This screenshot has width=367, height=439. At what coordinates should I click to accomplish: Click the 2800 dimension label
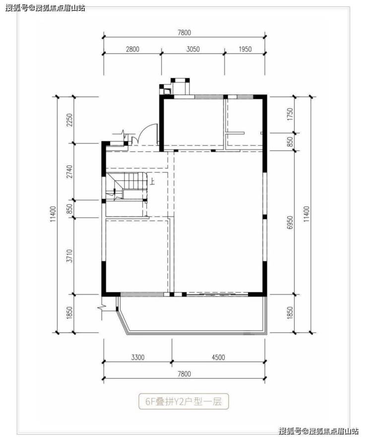click(132, 49)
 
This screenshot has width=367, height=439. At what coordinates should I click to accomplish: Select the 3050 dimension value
click(193, 49)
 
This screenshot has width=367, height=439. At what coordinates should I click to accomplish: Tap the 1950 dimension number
click(245, 49)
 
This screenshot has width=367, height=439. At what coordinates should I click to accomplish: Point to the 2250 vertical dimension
click(69, 120)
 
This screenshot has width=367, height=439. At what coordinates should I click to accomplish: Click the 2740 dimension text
click(69, 172)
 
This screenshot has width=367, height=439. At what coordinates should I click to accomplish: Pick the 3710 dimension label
click(69, 256)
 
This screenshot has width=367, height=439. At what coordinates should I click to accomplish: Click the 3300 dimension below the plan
click(138, 358)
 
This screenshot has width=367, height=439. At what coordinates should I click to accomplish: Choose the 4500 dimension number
click(218, 358)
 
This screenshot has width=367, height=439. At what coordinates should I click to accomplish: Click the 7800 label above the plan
click(184, 33)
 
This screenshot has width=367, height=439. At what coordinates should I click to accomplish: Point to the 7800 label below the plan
click(184, 374)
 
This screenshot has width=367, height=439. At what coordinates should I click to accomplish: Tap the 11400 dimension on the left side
click(53, 215)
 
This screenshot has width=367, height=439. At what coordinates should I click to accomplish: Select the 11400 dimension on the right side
click(306, 215)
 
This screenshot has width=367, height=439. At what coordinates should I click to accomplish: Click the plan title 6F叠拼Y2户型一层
click(183, 402)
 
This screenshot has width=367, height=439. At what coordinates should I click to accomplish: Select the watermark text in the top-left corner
click(45, 8)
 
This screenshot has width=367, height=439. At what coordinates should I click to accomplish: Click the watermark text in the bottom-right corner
click(319, 431)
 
